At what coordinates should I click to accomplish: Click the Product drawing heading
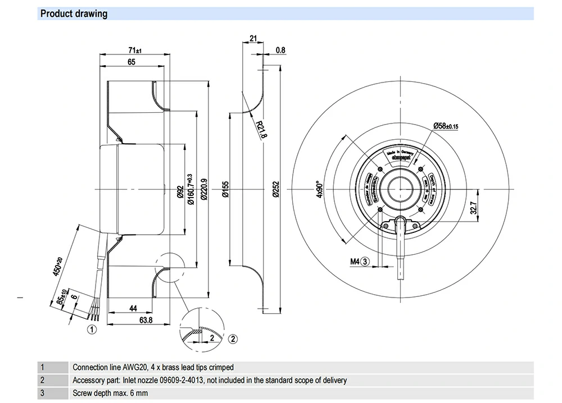click(x=74, y=13)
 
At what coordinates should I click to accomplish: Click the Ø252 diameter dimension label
click(x=275, y=191)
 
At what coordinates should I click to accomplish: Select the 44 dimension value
click(x=133, y=309)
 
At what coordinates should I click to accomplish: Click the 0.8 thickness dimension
click(x=280, y=50)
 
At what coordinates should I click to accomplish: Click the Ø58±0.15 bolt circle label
click(x=446, y=126)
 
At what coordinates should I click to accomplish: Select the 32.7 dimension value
click(x=473, y=209)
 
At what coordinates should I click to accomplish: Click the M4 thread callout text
click(x=355, y=261)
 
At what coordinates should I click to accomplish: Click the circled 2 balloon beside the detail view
click(x=233, y=338)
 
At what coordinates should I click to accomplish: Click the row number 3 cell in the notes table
click(x=42, y=393)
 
